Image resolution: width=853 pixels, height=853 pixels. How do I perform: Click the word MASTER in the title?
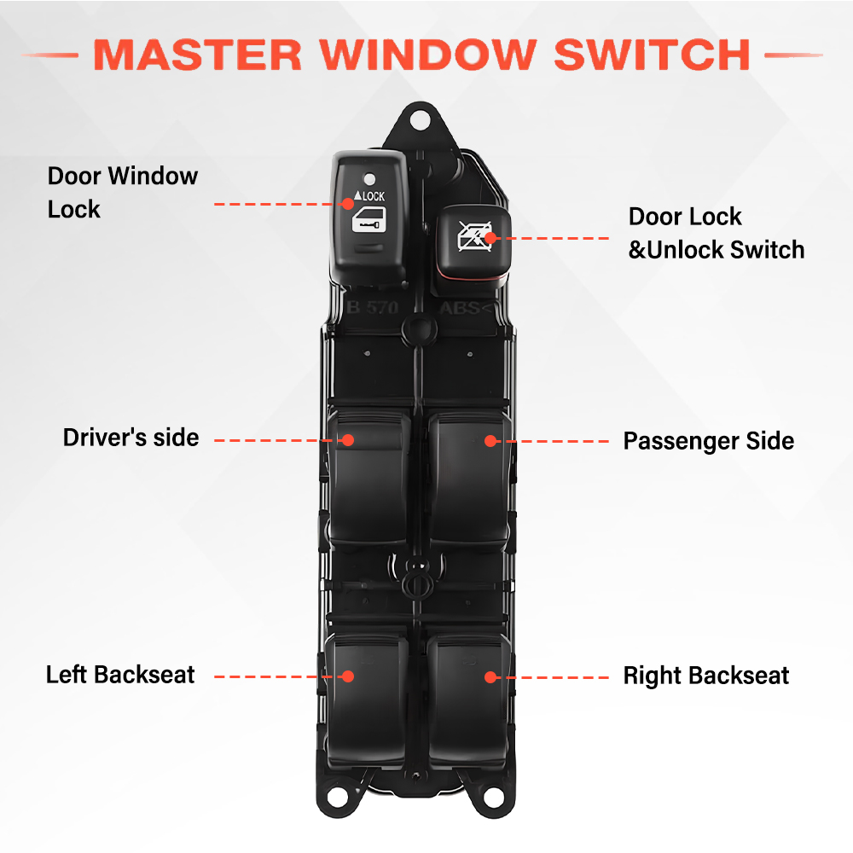point(198,55)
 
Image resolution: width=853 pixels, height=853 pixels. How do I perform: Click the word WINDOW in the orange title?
point(428,55)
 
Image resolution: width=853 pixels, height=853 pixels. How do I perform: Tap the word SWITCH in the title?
point(653,55)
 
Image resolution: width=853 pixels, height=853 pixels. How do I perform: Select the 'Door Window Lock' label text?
point(122,193)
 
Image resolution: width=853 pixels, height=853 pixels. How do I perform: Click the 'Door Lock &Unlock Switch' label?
point(717,234)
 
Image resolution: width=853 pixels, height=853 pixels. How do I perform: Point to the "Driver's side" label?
point(131,438)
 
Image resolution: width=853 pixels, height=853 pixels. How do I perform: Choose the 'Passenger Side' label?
point(708,441)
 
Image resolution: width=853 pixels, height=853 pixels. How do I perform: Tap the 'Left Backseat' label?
point(120,675)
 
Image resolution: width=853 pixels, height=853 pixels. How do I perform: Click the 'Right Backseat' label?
point(706,676)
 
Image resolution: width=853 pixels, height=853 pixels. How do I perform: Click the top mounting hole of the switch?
point(420,120)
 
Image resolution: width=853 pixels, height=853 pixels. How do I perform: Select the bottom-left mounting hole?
point(337,798)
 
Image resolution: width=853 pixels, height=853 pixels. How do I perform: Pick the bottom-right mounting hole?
point(493,798)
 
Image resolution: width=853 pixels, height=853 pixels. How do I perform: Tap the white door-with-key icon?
point(368,220)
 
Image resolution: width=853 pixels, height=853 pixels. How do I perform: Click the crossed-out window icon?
point(474,236)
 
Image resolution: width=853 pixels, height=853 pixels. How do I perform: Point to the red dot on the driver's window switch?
point(349,440)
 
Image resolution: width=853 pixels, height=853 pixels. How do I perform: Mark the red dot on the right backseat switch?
point(490,677)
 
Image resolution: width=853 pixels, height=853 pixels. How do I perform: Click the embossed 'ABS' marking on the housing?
point(461,309)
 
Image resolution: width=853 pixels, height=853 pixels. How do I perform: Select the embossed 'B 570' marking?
point(373,307)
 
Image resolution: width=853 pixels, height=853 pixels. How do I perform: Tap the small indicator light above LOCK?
point(369,178)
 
